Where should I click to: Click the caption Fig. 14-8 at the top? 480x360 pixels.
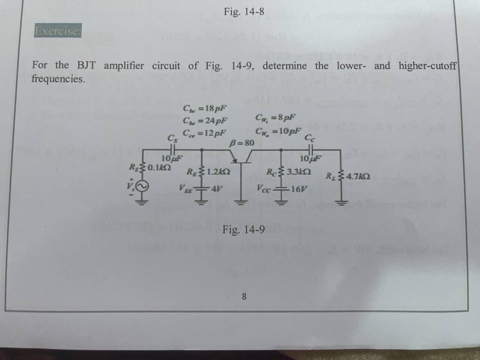244,12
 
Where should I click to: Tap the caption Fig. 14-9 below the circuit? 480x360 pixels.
244,228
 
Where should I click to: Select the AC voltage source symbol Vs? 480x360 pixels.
145,186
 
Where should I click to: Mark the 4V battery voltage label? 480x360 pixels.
217,189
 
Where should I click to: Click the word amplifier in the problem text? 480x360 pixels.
124,66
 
